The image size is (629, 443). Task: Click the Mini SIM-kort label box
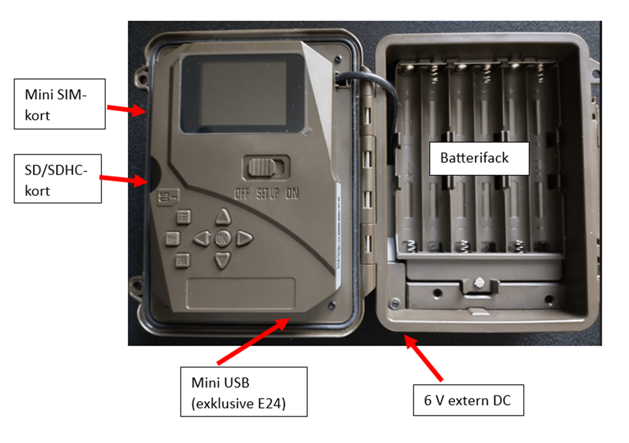[60, 103]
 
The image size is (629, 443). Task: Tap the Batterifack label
[474, 158]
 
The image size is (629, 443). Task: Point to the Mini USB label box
[243, 391]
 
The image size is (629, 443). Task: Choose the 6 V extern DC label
[468, 400]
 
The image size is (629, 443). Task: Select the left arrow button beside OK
[201, 238]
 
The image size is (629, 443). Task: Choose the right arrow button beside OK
[244, 238]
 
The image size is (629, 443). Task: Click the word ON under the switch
[292, 194]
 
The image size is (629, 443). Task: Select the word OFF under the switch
[242, 194]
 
